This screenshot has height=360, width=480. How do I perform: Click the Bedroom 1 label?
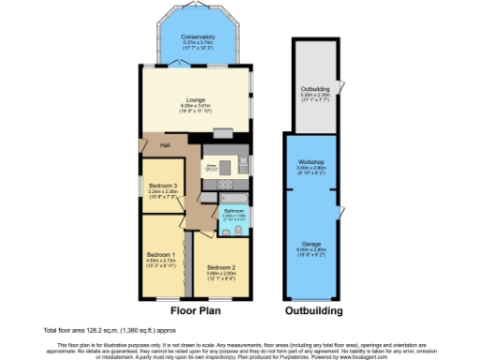(160, 254)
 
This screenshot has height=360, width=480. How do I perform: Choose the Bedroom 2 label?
(221, 267)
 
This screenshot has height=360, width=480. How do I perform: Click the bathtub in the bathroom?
(232, 197)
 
